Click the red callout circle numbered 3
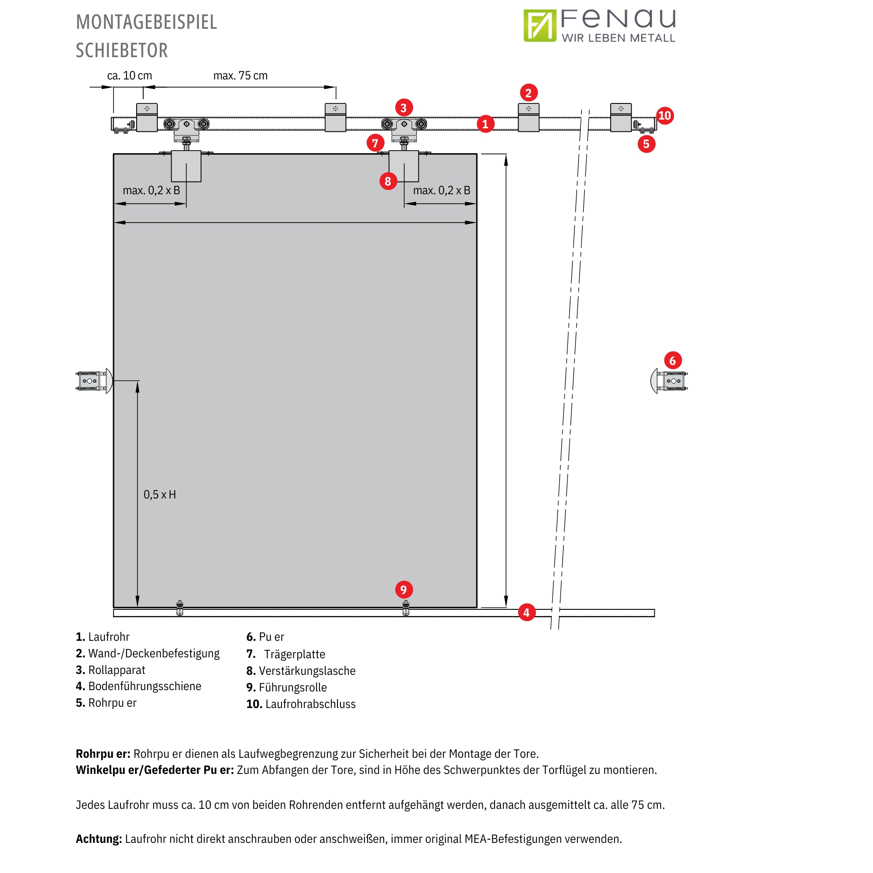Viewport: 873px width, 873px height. pyautogui.click(x=403, y=108)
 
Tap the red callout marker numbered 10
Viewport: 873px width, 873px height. pyautogui.click(x=664, y=116)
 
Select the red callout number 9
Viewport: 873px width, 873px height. pyautogui.click(x=403, y=590)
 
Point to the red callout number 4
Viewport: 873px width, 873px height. pyautogui.click(x=526, y=613)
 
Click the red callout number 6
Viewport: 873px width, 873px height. pyautogui.click(x=672, y=361)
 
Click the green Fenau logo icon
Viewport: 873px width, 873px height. pyautogui.click(x=540, y=26)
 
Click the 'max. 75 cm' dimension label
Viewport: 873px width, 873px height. pyautogui.click(x=241, y=76)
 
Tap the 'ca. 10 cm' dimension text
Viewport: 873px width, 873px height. pyautogui.click(x=129, y=76)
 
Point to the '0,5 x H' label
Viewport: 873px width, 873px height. pyautogui.click(x=159, y=495)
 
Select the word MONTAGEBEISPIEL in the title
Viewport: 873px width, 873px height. pyautogui.click(x=146, y=22)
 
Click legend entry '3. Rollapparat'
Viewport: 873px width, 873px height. pyautogui.click(x=110, y=670)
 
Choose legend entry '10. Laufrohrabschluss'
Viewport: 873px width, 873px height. pyautogui.click(x=301, y=704)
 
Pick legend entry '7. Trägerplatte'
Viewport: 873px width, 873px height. pyautogui.click(x=285, y=654)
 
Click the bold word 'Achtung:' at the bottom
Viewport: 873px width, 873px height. pyautogui.click(x=99, y=839)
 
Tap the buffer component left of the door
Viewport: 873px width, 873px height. pyautogui.click(x=93, y=381)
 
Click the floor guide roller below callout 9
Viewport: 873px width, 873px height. pyautogui.click(x=406, y=608)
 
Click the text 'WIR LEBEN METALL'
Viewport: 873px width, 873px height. pyautogui.click(x=618, y=38)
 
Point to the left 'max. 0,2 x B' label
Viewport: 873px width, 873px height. pyautogui.click(x=151, y=190)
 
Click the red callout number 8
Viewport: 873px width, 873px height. pyautogui.click(x=388, y=182)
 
